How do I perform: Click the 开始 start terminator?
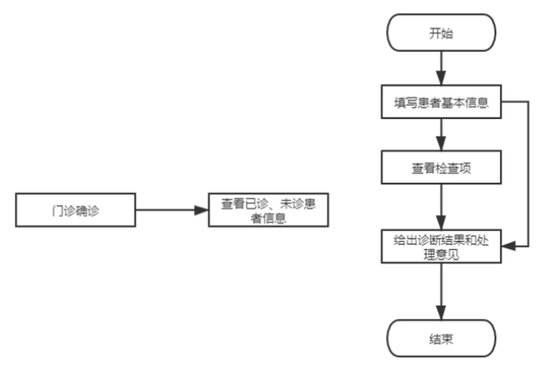pyautogui.click(x=441, y=33)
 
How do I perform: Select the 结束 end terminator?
pyautogui.click(x=441, y=339)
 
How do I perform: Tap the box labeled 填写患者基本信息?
pyautogui.click(x=441, y=102)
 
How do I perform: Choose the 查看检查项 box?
pyautogui.click(x=441, y=168)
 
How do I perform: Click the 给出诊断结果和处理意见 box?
pyautogui.click(x=441, y=246)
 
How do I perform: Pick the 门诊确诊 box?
pyautogui.click(x=76, y=210)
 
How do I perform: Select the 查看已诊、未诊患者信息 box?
pyautogui.click(x=268, y=210)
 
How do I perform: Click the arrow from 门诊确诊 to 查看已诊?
pyautogui.click(x=172, y=210)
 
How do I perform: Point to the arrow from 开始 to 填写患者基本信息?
pyautogui.click(x=441, y=69)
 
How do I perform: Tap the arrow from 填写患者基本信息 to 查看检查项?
pyautogui.click(x=441, y=135)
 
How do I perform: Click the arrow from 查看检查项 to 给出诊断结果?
pyautogui.click(x=441, y=207)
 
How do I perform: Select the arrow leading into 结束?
pyautogui.click(x=441, y=292)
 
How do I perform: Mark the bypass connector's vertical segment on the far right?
pyautogui.click(x=528, y=174)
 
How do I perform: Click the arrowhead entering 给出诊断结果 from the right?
pyautogui.click(x=508, y=246)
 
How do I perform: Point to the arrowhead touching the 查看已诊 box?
pyautogui.click(x=201, y=210)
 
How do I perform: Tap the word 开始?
pyautogui.click(x=441, y=33)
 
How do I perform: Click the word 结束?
pyautogui.click(x=441, y=339)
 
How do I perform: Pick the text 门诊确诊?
pyautogui.click(x=76, y=211)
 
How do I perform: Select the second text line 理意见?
pyautogui.click(x=441, y=254)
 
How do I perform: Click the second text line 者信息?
pyautogui.click(x=268, y=218)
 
